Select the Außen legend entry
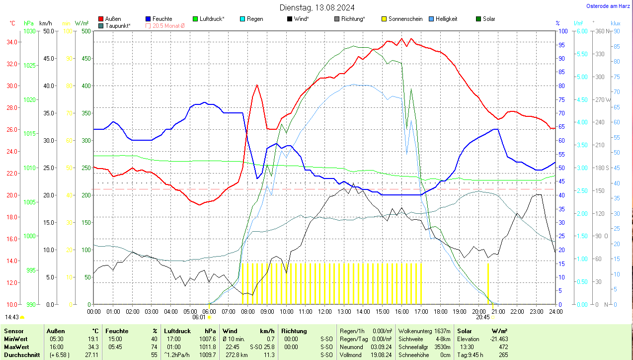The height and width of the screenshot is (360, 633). pos(113,19)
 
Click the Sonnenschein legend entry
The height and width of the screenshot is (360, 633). pos(405,19)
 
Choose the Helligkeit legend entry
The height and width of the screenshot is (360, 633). pos(446,19)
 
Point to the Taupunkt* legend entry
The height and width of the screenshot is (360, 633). pos(118,25)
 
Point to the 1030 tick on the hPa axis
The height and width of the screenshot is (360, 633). pos(30,31)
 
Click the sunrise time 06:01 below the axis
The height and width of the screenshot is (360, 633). pos(199,317)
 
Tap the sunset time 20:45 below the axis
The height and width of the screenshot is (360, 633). pos(482,317)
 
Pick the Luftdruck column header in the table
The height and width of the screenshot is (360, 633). pos(177,331)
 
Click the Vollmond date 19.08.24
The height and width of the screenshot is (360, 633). pos(381,355)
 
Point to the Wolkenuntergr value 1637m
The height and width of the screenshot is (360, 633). pos(441,331)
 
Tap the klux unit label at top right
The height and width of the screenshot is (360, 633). pos(615,23)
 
